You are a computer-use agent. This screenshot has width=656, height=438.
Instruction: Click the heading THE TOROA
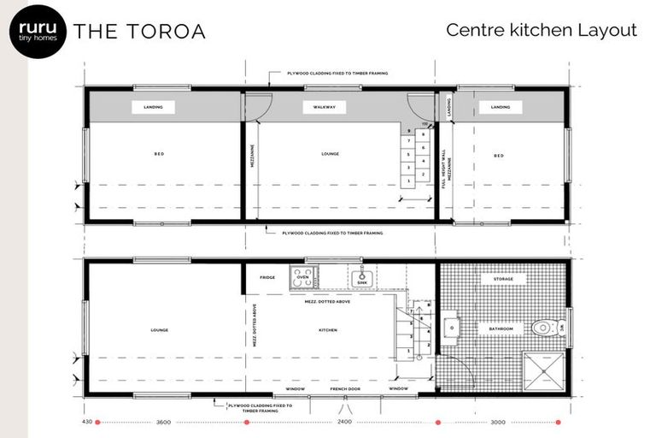coord(139,32)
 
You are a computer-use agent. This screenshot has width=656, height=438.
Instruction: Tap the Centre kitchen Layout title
coord(542,30)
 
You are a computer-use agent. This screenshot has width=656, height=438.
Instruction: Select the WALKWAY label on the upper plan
coord(324,107)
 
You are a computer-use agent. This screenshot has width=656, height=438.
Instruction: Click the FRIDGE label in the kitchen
coord(267,277)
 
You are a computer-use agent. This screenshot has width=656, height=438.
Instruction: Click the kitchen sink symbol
coord(362,276)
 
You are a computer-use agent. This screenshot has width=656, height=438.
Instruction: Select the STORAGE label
coord(503,279)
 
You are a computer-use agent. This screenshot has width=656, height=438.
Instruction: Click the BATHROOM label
coord(501,328)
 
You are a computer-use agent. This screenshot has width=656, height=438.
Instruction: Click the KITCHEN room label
coord(327,330)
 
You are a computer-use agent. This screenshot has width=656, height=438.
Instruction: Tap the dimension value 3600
coord(164,422)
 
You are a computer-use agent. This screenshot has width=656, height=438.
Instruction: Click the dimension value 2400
coord(344,422)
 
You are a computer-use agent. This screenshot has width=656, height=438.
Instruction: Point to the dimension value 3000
coord(498,422)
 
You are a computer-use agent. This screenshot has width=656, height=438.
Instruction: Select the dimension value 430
coord(87,422)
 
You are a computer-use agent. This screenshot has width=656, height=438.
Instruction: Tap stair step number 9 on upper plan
coord(410,131)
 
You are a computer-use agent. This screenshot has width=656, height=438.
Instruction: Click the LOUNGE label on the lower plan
coord(159,330)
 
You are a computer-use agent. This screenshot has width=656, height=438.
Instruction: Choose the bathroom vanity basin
coord(450,328)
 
